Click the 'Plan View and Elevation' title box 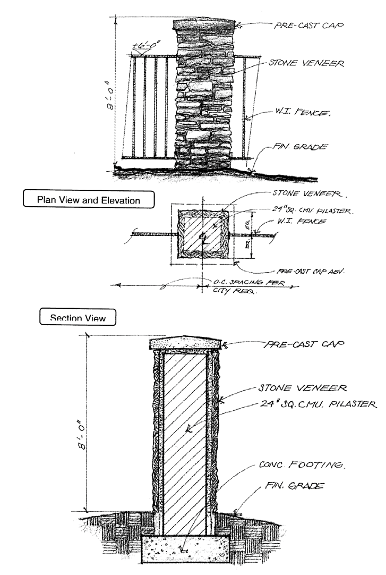point(89,200)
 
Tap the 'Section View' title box point(78,318)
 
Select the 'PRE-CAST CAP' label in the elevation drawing point(308,25)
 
